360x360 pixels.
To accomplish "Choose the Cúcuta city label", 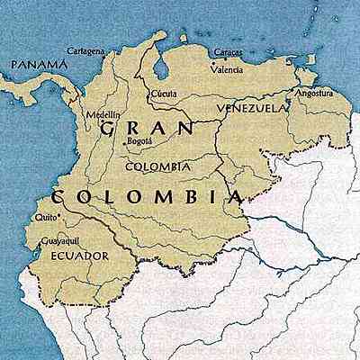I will (163, 93).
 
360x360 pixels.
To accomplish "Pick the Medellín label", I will (101, 115).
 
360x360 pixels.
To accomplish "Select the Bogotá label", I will (140, 142).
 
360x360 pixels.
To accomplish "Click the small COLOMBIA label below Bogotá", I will (158, 166).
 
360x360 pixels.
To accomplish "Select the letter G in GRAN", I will (108, 129).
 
